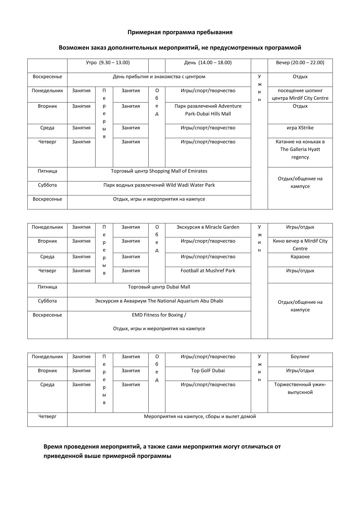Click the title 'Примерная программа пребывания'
pos(180,32)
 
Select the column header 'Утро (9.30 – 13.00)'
pos(108,63)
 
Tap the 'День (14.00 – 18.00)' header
pos(208,63)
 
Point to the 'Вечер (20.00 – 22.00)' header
pos(300,63)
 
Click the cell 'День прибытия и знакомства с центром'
pos(159,77)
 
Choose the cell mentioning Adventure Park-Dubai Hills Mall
pos(208,110)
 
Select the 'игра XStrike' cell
pos(300,128)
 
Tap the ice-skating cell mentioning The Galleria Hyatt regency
pos(300,149)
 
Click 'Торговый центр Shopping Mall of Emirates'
pos(159,171)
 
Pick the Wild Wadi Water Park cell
pos(159,185)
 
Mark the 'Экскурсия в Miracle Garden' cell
pos(208,227)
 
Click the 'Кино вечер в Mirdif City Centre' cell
pos(300,245)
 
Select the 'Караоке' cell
pos(300,257)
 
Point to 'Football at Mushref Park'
pos(208,271)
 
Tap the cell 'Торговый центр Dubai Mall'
pos(159,287)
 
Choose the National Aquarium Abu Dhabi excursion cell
pos(159,301)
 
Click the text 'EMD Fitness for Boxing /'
pos(159,315)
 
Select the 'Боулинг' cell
pos(300,357)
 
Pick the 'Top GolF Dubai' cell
pos(208,370)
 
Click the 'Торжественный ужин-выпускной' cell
pos(300,389)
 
